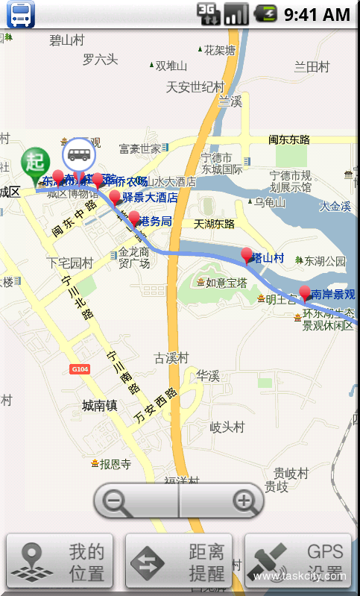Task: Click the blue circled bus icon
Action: tap(79, 155)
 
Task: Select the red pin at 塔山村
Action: tap(247, 256)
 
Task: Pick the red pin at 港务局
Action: tap(134, 219)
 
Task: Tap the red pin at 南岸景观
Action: tap(304, 292)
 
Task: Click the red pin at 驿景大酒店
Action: tap(115, 197)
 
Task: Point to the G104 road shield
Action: tap(80, 369)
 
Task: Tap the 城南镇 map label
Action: tap(100, 406)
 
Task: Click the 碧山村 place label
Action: tap(66, 40)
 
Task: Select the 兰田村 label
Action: tap(312, 66)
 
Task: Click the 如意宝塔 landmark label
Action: tap(226, 283)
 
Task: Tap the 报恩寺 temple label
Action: tap(115, 464)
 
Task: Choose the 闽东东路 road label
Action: tap(289, 139)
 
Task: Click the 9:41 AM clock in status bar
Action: tap(317, 13)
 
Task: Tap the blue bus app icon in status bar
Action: tap(21, 13)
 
